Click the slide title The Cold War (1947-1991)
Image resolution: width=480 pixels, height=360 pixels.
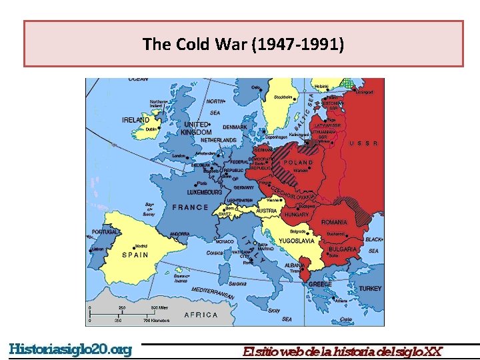[x=243, y=45]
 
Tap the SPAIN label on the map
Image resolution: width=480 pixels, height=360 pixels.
[x=135, y=255]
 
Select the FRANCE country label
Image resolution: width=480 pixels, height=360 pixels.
[x=191, y=207]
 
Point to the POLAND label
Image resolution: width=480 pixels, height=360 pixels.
[x=298, y=162]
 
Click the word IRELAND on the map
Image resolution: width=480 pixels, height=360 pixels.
[x=135, y=120]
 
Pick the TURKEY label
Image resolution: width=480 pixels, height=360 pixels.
[x=370, y=289]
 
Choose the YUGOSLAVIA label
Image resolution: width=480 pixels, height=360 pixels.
[x=296, y=241]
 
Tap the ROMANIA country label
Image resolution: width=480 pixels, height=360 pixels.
[x=334, y=222]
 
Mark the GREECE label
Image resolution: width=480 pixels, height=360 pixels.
[x=320, y=284]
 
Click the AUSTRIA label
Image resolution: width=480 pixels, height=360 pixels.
[x=267, y=211]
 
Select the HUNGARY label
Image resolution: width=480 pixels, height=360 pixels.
[x=297, y=215]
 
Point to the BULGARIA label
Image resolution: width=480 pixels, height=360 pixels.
[x=343, y=249]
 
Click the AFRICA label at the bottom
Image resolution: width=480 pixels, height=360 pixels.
[x=201, y=315]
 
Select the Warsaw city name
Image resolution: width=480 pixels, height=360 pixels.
[x=301, y=171]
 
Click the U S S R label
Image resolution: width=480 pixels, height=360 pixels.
[x=364, y=143]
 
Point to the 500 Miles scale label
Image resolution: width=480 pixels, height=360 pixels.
[x=163, y=307]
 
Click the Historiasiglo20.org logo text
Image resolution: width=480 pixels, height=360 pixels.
[x=70, y=349]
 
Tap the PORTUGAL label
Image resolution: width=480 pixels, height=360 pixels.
[x=105, y=232]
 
